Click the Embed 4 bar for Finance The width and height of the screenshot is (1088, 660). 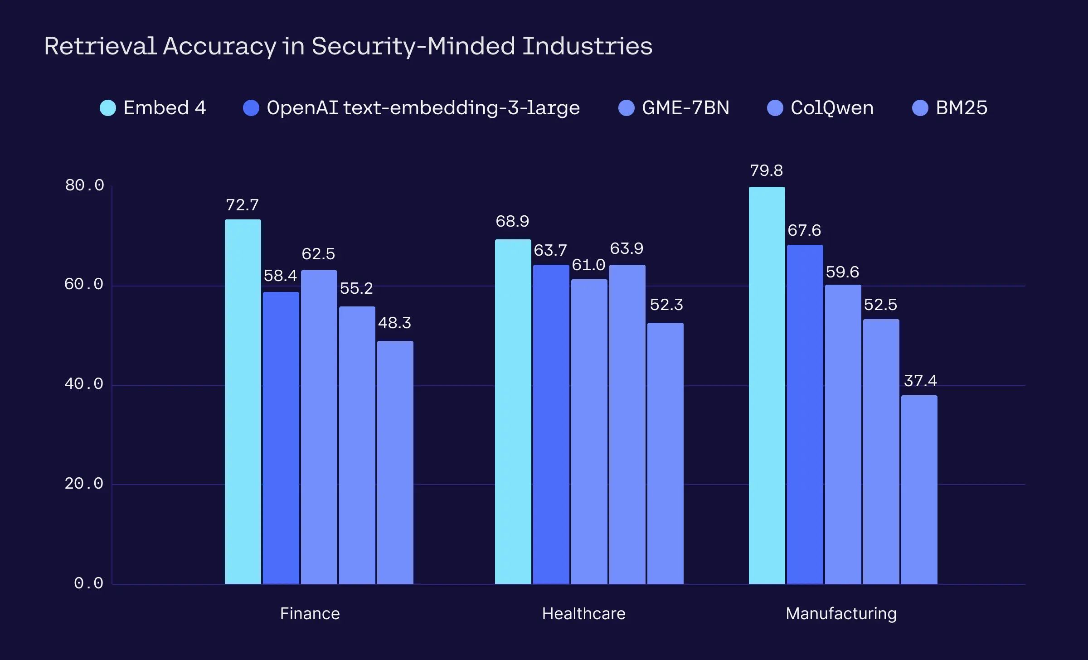point(243,402)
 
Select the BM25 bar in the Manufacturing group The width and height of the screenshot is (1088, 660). point(919,490)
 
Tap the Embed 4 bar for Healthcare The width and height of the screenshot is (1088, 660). point(513,412)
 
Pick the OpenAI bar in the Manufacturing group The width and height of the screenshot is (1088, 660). point(805,414)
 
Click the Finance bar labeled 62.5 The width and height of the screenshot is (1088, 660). point(319,427)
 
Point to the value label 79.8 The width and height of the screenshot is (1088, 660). point(766,170)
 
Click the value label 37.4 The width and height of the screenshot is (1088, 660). point(920,381)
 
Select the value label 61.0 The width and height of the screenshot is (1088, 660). point(588,265)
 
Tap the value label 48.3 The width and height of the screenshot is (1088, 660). point(394,323)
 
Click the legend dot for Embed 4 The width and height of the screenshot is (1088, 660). point(108,108)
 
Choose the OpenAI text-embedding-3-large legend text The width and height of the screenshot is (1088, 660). point(423,108)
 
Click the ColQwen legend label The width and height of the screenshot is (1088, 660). point(832,108)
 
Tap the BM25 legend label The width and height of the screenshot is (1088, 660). point(962,108)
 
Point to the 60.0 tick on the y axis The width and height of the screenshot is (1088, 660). point(84,284)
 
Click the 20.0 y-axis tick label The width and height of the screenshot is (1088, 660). point(84,484)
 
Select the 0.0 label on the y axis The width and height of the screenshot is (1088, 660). point(89,583)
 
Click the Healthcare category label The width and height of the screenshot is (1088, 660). point(584,614)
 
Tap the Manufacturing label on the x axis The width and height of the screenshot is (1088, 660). point(841,614)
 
